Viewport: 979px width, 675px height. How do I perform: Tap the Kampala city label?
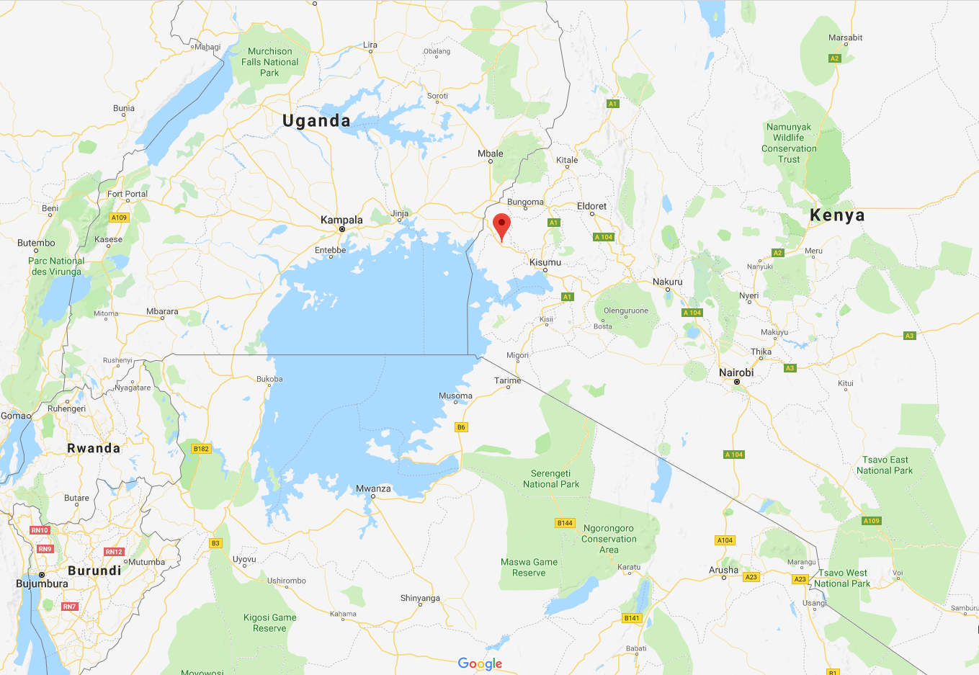click(x=341, y=220)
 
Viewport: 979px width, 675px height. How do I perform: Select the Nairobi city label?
click(x=736, y=372)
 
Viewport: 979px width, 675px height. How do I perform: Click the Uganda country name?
click(x=316, y=121)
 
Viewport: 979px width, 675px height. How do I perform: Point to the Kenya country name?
click(x=837, y=215)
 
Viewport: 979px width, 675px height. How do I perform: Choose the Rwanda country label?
click(x=94, y=448)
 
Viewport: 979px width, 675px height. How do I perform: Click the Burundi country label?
click(x=94, y=571)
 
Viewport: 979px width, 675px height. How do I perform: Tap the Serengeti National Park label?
click(x=551, y=479)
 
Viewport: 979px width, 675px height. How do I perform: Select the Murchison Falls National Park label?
click(x=269, y=62)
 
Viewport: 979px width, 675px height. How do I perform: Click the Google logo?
click(x=480, y=663)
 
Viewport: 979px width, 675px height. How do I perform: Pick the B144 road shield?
click(x=565, y=523)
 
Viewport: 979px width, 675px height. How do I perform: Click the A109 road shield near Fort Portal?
click(x=120, y=218)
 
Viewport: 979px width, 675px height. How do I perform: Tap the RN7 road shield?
click(x=69, y=607)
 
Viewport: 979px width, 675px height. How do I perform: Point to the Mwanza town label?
click(x=373, y=488)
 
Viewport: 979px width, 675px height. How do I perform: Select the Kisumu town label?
click(x=545, y=262)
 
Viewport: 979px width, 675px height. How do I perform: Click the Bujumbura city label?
click(x=43, y=584)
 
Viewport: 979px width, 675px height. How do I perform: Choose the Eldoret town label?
click(x=591, y=206)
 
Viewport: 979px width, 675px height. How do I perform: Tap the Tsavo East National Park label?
click(x=885, y=465)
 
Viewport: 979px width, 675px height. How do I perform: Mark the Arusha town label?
click(x=723, y=570)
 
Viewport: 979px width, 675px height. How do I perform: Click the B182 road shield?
click(x=201, y=449)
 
